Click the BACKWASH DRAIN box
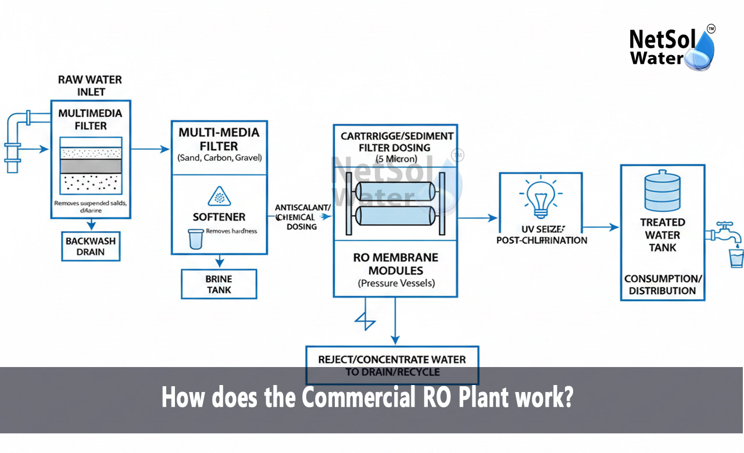(90, 246)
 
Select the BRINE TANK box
(219, 284)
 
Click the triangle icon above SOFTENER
(219, 196)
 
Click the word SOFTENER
(219, 217)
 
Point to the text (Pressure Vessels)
(395, 284)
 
